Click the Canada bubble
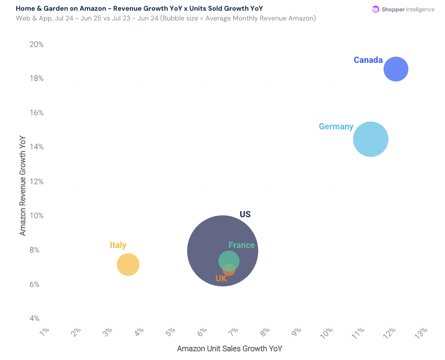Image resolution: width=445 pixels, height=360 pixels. [396, 69]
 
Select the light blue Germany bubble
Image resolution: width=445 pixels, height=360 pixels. [371, 139]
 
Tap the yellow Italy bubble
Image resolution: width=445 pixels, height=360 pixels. [128, 265]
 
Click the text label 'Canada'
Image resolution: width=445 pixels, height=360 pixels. [368, 60]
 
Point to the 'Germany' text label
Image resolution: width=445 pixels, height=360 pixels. [336, 127]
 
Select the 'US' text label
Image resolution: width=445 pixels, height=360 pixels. [245, 214]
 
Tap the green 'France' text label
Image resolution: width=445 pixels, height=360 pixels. [242, 245]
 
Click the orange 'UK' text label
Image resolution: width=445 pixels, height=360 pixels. [221, 279]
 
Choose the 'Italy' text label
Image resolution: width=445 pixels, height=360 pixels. [118, 245]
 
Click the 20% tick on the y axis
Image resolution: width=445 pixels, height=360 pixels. [36, 45]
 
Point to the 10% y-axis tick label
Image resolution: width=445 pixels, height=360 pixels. [36, 216]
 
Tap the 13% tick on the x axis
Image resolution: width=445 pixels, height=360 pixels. [421, 332]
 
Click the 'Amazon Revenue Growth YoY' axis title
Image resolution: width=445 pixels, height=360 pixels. [23, 185]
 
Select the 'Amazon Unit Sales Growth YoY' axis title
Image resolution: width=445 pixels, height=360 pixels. [229, 348]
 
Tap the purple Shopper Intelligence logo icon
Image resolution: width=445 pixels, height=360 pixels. [375, 9]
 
